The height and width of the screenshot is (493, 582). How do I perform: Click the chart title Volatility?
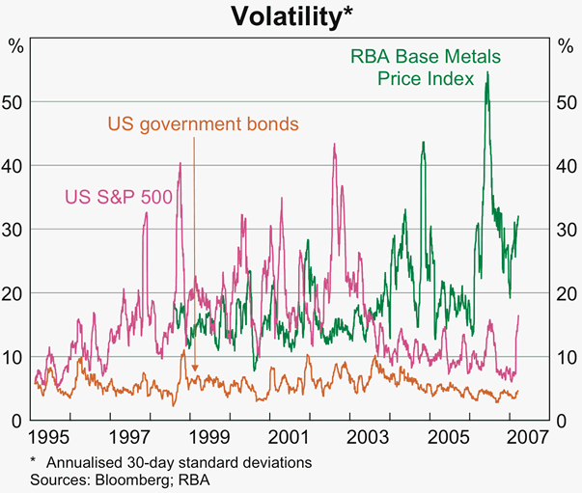pyautogui.click(x=291, y=15)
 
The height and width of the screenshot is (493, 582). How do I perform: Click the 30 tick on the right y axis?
pyautogui.click(x=565, y=230)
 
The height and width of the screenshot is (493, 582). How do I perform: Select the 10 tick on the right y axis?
pyautogui.click(x=565, y=357)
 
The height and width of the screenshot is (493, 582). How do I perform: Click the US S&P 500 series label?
pyautogui.click(x=119, y=197)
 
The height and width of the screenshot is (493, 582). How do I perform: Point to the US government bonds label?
pyautogui.click(x=203, y=124)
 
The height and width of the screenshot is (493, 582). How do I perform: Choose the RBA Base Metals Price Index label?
pyautogui.click(x=417, y=68)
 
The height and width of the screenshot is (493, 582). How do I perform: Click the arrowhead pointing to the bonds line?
pyautogui.click(x=195, y=369)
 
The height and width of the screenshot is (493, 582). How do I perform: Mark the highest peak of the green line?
pyautogui.click(x=487, y=72)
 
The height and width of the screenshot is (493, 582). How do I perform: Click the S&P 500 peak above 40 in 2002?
pyautogui.click(x=334, y=145)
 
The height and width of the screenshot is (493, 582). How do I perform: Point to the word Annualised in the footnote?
pyautogui.click(x=76, y=462)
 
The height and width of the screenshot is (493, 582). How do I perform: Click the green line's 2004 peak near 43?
pyautogui.click(x=423, y=143)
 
